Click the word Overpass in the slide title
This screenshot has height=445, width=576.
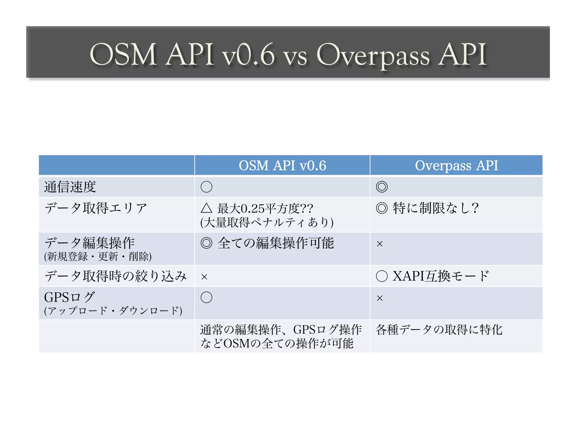click(373, 55)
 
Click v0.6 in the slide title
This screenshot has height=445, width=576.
click(248, 55)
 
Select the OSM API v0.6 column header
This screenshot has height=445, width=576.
click(282, 165)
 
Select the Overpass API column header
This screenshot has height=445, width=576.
click(456, 165)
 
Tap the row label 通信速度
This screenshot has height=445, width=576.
click(70, 187)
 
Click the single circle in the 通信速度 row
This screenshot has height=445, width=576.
click(206, 187)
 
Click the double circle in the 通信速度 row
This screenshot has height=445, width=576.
click(382, 187)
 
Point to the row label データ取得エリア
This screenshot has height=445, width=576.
click(96, 208)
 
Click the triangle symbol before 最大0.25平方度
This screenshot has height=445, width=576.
click(206, 208)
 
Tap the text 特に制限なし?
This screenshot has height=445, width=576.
click(435, 208)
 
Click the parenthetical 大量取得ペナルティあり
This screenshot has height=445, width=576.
click(267, 222)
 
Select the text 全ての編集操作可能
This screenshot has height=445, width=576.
click(276, 243)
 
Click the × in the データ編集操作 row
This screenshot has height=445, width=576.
click(380, 244)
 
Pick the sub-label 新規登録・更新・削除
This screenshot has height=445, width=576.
click(98, 257)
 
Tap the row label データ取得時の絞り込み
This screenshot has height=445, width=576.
click(116, 276)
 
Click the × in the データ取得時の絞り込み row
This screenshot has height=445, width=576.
click(204, 277)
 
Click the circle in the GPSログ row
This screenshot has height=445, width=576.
click(206, 297)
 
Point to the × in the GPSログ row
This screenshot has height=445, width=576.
click(380, 298)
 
